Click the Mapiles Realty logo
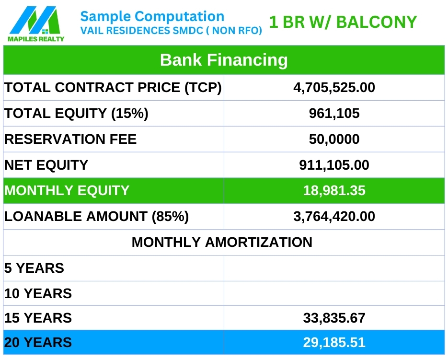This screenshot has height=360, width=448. [x=36, y=24]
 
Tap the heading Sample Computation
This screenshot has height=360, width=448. [x=152, y=17]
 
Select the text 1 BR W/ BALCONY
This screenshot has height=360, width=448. [x=343, y=22]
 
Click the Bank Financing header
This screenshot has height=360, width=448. [x=224, y=60]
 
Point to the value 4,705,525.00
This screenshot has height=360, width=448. [x=334, y=88]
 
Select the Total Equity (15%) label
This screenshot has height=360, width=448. [x=76, y=113]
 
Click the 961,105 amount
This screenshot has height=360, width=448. [x=334, y=113]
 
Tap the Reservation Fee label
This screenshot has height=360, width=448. [x=70, y=139]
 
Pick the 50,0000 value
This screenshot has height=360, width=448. [x=334, y=139]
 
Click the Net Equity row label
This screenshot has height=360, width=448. [x=46, y=165]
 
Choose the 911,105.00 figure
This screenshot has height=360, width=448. [x=334, y=165]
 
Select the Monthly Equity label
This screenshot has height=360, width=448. [x=67, y=190]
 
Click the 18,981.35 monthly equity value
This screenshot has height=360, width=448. [x=334, y=190]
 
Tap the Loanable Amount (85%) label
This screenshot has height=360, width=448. [x=97, y=217]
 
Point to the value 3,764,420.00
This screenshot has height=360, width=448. [x=334, y=217]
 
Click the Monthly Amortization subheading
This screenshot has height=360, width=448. [x=222, y=242]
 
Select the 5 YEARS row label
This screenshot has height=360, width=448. [x=34, y=268]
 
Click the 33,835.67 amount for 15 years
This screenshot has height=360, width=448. [x=334, y=318]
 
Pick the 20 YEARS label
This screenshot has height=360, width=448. [x=38, y=343]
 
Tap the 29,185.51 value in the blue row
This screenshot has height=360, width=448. [x=334, y=343]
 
